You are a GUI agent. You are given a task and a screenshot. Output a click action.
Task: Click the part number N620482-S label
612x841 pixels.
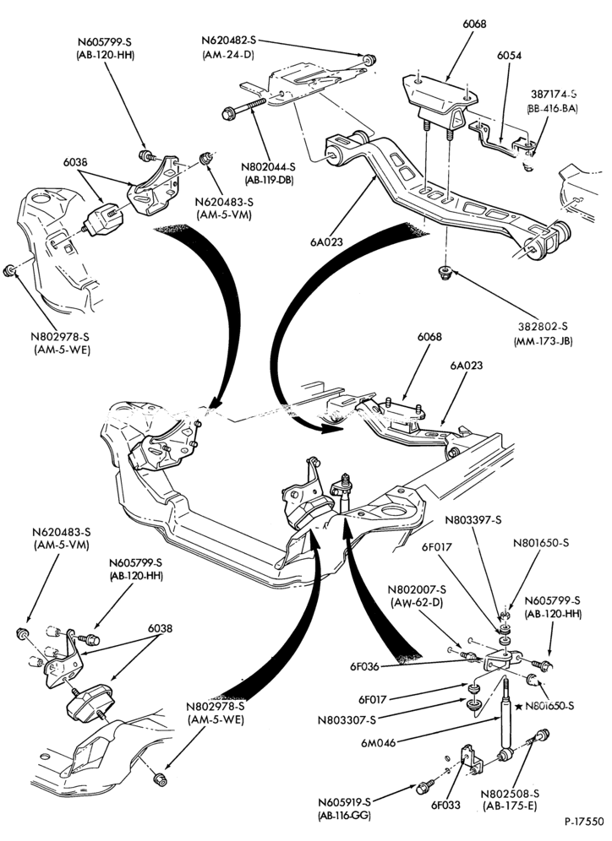(229, 41)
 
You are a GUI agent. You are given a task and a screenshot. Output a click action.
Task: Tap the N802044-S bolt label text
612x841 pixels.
(269, 167)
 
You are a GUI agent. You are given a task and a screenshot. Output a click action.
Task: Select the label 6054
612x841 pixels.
(509, 55)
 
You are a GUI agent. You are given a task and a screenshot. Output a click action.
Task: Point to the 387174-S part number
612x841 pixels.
(555, 94)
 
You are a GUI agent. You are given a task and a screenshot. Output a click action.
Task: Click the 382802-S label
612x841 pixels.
(543, 327)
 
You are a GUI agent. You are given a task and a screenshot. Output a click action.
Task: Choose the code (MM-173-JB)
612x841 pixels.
(543, 340)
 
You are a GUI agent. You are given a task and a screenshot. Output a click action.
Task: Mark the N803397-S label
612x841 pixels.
(473, 520)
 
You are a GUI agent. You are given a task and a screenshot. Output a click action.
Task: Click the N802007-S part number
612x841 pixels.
(418, 589)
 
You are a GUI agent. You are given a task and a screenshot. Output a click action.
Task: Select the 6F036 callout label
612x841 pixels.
(364, 667)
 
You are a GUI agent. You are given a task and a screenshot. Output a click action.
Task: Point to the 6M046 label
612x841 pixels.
(380, 743)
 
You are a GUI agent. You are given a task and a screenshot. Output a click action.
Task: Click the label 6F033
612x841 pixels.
(445, 805)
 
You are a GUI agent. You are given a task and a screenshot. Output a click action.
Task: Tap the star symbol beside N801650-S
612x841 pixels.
(518, 707)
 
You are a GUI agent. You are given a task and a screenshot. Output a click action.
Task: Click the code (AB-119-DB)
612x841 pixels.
(269, 181)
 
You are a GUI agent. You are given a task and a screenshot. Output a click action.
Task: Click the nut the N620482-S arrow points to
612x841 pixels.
(369, 59)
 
